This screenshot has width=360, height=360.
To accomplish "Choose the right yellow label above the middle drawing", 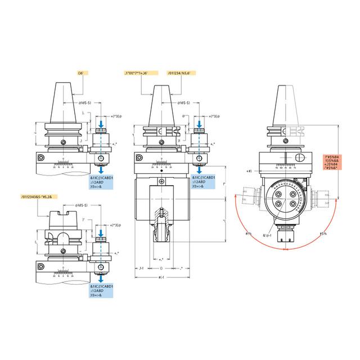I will click(x=182, y=74).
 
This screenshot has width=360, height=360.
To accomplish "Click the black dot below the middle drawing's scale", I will click(x=162, y=170).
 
